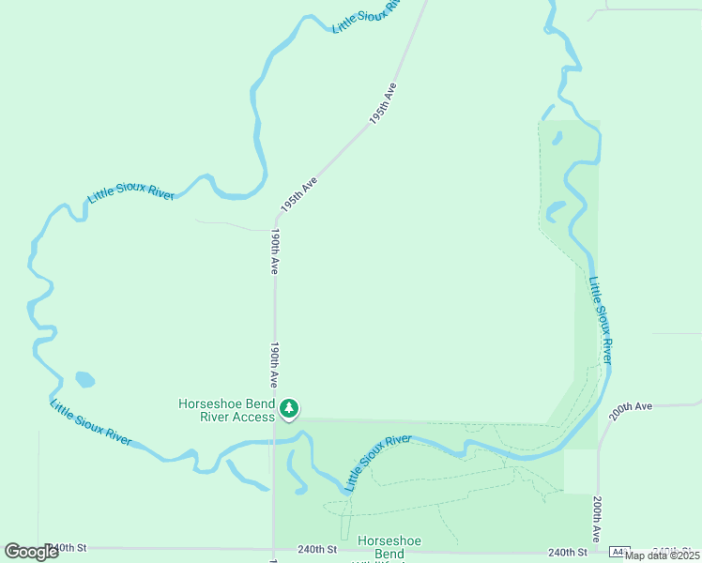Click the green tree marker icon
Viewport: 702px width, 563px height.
(290, 408)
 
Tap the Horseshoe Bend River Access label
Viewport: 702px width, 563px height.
(227, 410)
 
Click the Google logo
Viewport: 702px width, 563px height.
(32, 551)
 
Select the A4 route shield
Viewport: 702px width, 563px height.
(618, 552)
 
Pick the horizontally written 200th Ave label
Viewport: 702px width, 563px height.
(630, 407)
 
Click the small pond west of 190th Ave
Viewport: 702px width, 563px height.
(84, 380)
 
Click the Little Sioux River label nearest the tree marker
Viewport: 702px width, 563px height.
(377, 463)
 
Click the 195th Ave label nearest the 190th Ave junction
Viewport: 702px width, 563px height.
(299, 194)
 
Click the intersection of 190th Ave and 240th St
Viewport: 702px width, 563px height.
(274, 549)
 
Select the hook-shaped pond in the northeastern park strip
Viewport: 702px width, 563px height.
(557, 209)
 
